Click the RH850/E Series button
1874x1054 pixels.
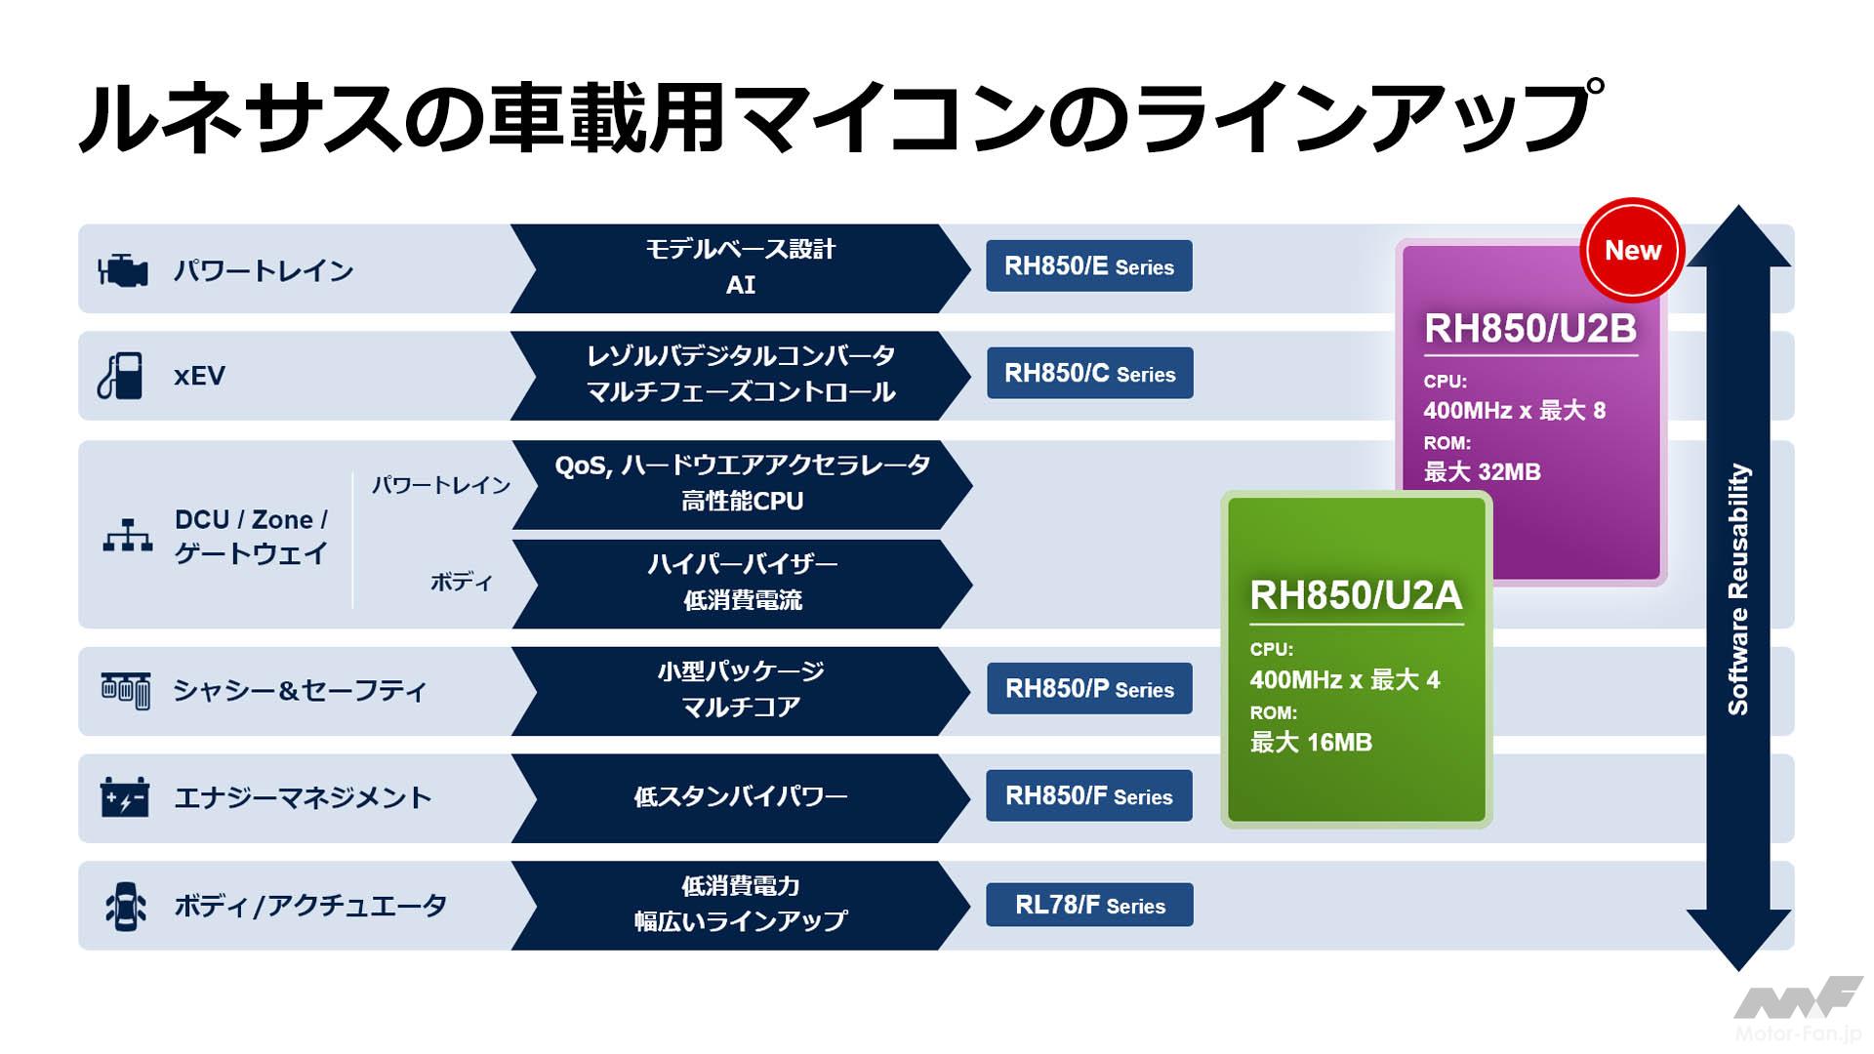(x=1088, y=265)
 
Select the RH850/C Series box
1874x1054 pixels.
(x=1089, y=373)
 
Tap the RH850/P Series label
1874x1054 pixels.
(x=1089, y=689)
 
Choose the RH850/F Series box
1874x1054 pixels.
(x=1088, y=796)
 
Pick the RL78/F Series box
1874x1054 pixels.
(x=1089, y=905)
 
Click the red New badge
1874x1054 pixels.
(x=1632, y=251)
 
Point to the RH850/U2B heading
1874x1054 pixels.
(x=1529, y=329)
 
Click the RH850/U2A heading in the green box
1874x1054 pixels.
(x=1356, y=595)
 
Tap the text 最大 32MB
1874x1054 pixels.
(x=1482, y=472)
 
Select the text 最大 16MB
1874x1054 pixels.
(x=1311, y=743)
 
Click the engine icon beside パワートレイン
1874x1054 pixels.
(x=123, y=270)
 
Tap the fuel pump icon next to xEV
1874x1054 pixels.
(x=121, y=376)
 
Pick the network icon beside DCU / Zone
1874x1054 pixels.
(x=128, y=536)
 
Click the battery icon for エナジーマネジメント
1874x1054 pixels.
(x=125, y=797)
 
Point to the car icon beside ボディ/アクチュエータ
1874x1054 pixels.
(x=126, y=906)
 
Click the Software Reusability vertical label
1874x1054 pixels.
(x=1738, y=588)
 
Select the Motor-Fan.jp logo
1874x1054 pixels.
(x=1798, y=1011)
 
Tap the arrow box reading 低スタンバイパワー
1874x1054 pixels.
(x=740, y=797)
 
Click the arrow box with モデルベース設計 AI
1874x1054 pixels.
(x=740, y=267)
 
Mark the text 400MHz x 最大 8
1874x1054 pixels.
(x=1514, y=411)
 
